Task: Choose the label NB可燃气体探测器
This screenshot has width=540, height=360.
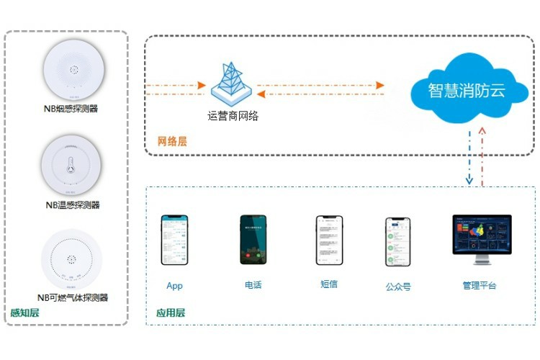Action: (x=72, y=297)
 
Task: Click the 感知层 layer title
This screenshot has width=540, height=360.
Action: (x=24, y=312)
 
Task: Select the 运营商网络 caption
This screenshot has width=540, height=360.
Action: (x=233, y=115)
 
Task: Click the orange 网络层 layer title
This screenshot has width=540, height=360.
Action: (x=172, y=141)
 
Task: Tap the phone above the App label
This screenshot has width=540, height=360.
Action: (x=174, y=240)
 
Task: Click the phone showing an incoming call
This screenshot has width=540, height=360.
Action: (x=253, y=240)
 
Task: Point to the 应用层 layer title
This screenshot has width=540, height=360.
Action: (x=171, y=312)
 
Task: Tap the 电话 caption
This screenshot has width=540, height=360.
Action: (x=253, y=285)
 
